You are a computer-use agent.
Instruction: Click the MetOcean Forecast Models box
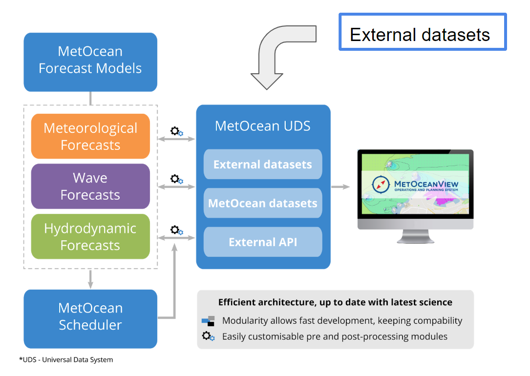click(x=90, y=62)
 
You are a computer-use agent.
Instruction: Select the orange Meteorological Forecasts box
click(x=90, y=136)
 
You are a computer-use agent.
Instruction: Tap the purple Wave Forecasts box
click(x=90, y=186)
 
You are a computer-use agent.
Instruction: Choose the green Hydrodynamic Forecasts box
click(x=90, y=236)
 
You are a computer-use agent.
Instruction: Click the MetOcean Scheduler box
click(x=90, y=319)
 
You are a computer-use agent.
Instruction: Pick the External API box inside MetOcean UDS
click(x=263, y=242)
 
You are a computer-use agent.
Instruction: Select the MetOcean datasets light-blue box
click(x=263, y=203)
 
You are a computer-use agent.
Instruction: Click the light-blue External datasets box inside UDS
click(x=263, y=164)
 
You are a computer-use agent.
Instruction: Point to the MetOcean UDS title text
click(x=263, y=126)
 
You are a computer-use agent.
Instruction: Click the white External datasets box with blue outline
click(x=423, y=32)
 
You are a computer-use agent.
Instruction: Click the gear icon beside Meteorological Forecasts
click(x=176, y=131)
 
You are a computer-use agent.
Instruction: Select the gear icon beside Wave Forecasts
click(x=176, y=179)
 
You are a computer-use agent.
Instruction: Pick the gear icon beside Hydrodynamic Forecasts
click(x=176, y=230)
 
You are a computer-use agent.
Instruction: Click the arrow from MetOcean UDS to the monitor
click(x=340, y=187)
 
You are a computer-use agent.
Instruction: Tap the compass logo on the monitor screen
click(x=381, y=185)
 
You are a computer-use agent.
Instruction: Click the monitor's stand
click(x=415, y=236)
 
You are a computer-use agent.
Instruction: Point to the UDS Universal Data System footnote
click(x=66, y=360)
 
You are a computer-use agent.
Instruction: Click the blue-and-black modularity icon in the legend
click(x=208, y=321)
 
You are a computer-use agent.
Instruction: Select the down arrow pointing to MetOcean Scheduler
click(x=90, y=279)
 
